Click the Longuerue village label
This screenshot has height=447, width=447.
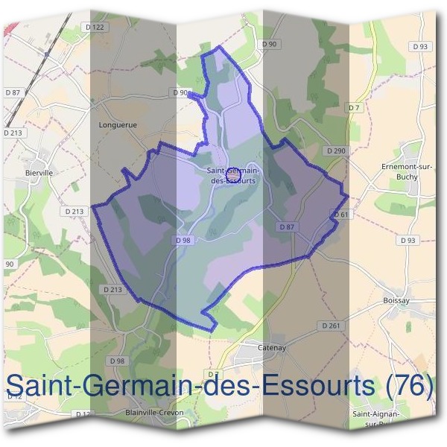pyautogui.click(x=118, y=125)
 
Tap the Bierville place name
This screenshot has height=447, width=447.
pyautogui.click(x=39, y=172)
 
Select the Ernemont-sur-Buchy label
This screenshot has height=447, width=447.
pyautogui.click(x=406, y=171)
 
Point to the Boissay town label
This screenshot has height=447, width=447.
pyautogui.click(x=396, y=300)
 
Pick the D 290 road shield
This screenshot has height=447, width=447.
pyautogui.click(x=335, y=150)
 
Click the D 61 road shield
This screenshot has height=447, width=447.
pyautogui.click(x=341, y=215)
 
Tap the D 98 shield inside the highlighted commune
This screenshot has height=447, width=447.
pyautogui.click(x=183, y=240)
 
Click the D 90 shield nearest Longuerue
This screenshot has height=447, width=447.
pyautogui.click(x=180, y=92)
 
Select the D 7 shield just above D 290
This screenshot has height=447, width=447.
pyautogui.click(x=353, y=108)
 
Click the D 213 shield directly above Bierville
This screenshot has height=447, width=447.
pyautogui.click(x=14, y=133)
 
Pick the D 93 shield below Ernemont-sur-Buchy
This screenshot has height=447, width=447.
pyautogui.click(x=407, y=240)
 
